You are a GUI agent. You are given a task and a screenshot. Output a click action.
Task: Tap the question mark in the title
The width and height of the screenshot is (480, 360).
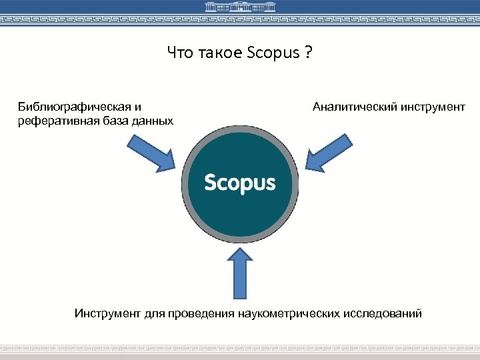[x=307, y=52]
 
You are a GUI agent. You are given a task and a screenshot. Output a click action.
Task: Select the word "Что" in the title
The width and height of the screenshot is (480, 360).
[x=180, y=52]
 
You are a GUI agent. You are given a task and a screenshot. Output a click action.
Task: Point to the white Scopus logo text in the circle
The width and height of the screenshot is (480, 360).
[x=240, y=182]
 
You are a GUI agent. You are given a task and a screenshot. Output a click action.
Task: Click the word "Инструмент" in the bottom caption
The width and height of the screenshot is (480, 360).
[x=108, y=313]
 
